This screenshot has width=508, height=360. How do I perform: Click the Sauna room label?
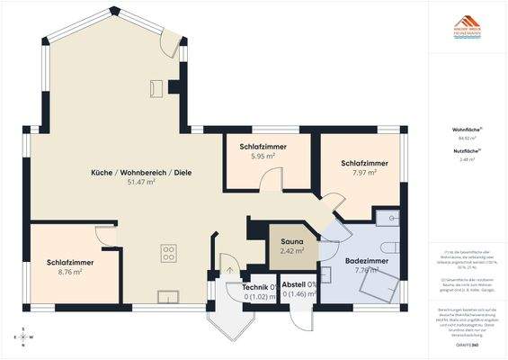[x=291, y=241]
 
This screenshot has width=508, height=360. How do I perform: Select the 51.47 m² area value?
[x=141, y=182]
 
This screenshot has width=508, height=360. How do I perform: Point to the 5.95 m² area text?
[x=263, y=156]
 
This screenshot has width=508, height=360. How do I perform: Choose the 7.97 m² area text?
[x=364, y=173]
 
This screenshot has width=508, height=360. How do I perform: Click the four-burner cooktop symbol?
[x=168, y=254]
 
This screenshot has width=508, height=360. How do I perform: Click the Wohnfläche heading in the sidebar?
[x=465, y=130]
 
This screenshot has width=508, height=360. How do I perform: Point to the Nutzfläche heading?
[x=465, y=150]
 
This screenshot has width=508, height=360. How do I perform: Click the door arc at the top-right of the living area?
[x=169, y=45]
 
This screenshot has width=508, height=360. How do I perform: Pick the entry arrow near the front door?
[x=229, y=269]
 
